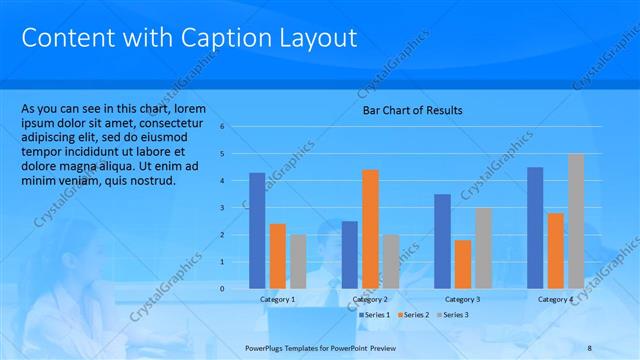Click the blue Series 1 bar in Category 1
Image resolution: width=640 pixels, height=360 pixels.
pos(257,231)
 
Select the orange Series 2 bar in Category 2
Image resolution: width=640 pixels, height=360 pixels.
pos(370,229)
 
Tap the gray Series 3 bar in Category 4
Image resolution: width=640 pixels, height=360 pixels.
pos(575,221)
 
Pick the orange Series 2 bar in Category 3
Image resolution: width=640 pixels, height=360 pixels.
pos(462,264)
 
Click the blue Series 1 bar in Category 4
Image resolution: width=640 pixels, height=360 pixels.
pos(535,228)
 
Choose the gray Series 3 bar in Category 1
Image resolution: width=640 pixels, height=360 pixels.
pos(298,262)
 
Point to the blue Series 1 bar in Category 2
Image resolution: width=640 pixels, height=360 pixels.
pos(349,255)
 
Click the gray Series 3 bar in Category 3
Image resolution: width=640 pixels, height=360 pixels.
pos(483,248)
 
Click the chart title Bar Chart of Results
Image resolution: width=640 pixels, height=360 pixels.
pos(411,111)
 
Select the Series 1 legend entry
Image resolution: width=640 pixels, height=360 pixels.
pos(374,315)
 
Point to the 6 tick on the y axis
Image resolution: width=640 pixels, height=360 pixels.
pos(236,127)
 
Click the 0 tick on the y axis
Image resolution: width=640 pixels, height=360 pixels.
pos(236,289)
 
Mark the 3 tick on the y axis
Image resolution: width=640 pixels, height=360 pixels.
pos(236,208)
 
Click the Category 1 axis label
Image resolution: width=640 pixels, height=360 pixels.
pos(277,300)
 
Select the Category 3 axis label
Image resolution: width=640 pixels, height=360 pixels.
pos(462,300)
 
